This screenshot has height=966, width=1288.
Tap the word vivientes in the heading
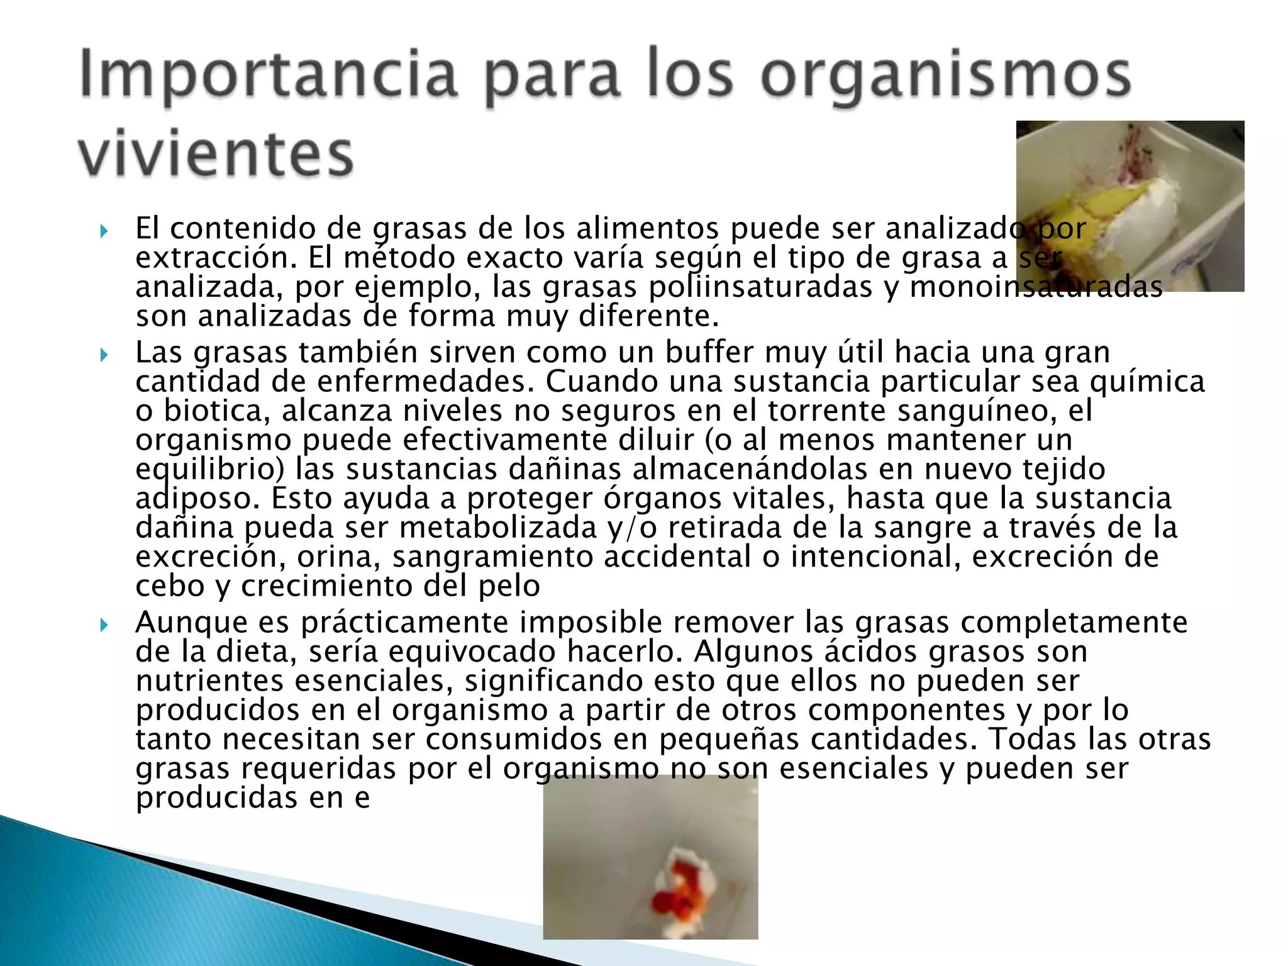pyautogui.click(x=216, y=154)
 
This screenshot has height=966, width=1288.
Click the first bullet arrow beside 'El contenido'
pyautogui.click(x=104, y=231)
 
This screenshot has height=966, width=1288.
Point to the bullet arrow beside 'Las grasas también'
pyautogui.click(x=104, y=355)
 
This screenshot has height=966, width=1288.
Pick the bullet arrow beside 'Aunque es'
pyautogui.click(x=104, y=625)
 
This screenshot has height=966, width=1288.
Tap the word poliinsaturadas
pyautogui.click(x=760, y=287)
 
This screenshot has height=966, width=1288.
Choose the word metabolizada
pyautogui.click(x=498, y=528)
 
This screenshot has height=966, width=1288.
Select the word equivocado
pyautogui.click(x=472, y=652)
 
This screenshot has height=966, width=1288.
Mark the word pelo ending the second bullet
pyautogui.click(x=509, y=586)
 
